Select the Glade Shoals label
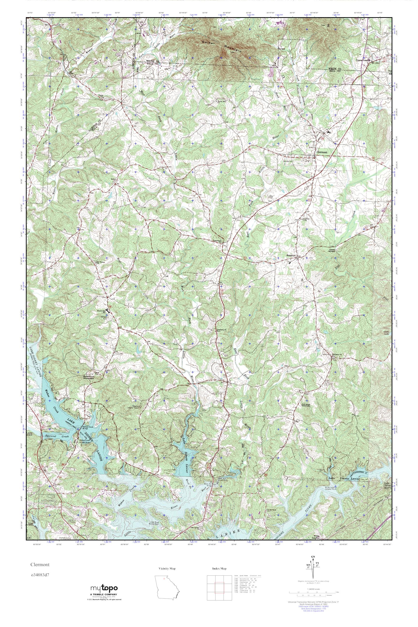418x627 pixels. pos(334,250)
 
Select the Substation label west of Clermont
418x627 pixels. pos(288,161)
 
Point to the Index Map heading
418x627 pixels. pos(219,568)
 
